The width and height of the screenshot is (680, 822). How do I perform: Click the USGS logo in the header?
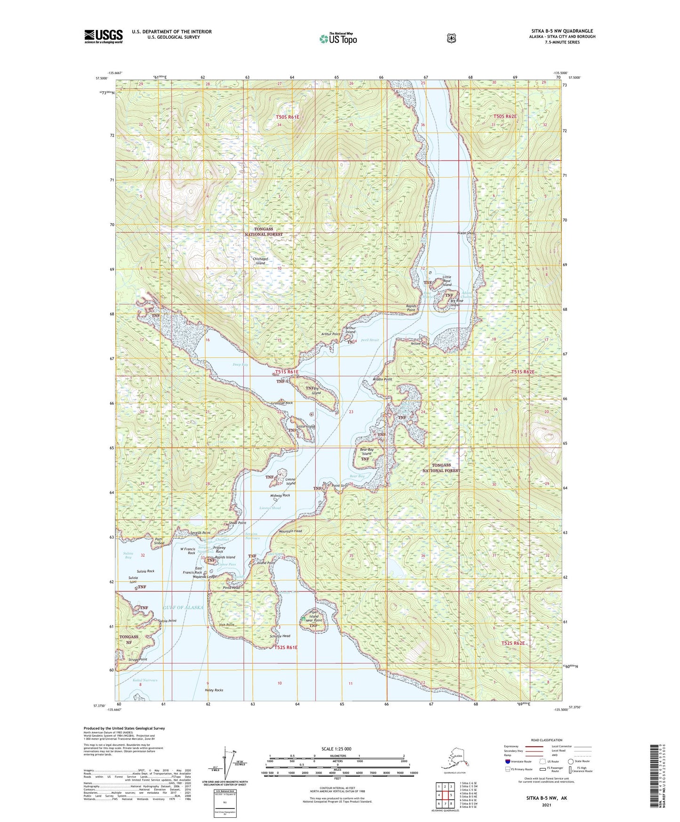click(x=104, y=36)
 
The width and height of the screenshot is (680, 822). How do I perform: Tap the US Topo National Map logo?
click(x=338, y=38)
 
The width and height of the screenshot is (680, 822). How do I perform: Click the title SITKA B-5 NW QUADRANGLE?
click(x=562, y=31)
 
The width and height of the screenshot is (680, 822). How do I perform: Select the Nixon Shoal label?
click(x=466, y=233)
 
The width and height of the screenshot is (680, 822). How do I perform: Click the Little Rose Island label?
click(x=447, y=281)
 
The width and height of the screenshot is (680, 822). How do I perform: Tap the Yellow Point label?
click(x=420, y=344)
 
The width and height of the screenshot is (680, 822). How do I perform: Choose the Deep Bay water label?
click(x=240, y=364)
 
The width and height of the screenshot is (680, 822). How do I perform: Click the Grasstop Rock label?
click(x=282, y=403)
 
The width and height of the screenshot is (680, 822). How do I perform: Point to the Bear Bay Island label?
click(x=367, y=451)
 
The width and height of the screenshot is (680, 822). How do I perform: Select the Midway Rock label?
click(x=280, y=495)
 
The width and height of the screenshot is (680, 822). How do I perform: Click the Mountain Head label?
click(x=290, y=531)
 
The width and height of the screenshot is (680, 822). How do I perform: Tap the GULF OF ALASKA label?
click(x=184, y=607)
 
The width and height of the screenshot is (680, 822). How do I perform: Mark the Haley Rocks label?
click(x=214, y=690)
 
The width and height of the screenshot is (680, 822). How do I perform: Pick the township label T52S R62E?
click(x=513, y=643)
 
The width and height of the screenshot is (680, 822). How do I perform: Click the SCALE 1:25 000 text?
click(x=336, y=749)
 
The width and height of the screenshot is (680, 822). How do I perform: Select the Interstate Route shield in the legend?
click(x=507, y=761)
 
